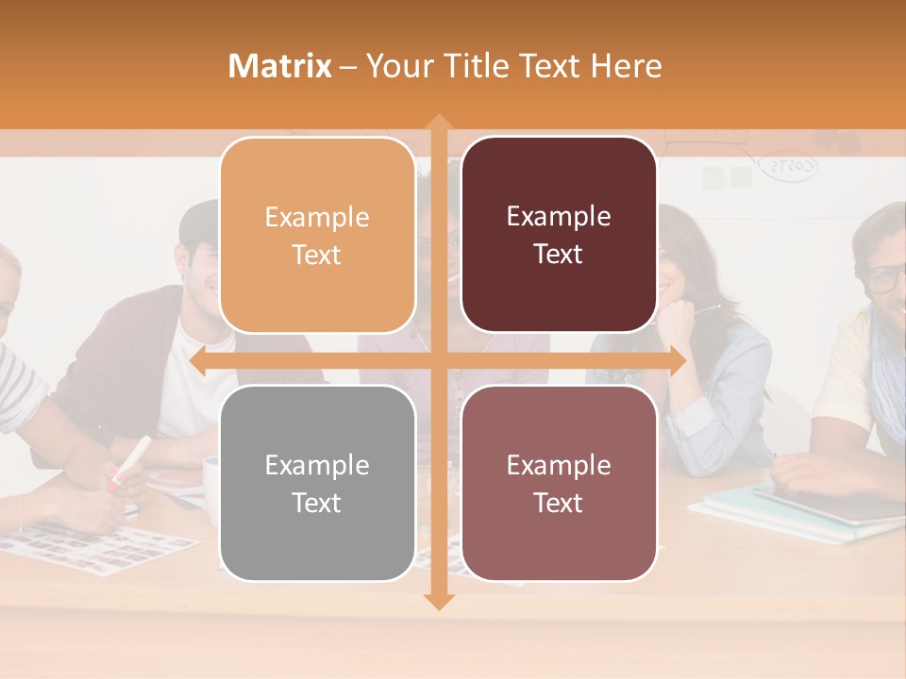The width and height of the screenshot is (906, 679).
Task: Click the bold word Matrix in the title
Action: click(x=280, y=66)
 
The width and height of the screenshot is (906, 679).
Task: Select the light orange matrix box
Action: click(x=317, y=235)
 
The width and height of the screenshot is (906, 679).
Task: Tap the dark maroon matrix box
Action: click(x=559, y=235)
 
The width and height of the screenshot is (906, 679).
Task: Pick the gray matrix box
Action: click(x=317, y=483)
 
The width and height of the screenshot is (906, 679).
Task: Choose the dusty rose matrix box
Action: click(x=559, y=483)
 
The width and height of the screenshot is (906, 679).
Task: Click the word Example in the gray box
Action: click(x=317, y=465)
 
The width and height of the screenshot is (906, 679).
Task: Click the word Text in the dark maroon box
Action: click(x=559, y=254)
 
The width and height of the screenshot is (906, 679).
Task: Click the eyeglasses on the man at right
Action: click(x=885, y=278)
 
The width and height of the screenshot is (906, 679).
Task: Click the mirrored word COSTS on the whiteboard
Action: click(x=791, y=167)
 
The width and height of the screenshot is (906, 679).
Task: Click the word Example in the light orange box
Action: click(x=317, y=217)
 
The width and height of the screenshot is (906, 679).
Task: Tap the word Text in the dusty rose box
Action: click(x=559, y=503)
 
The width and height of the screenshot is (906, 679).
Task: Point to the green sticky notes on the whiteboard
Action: click(x=727, y=176)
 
